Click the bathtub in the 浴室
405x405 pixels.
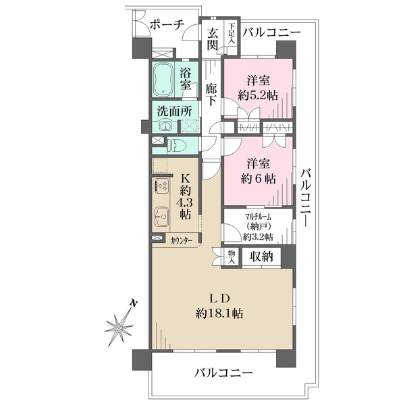[x=163, y=80]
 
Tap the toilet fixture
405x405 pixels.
[x=176, y=145]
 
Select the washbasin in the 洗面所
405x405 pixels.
[x=164, y=126]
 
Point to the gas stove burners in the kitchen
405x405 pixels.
[x=162, y=186]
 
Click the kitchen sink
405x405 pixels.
[x=161, y=216]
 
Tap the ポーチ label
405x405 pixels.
[x=167, y=26]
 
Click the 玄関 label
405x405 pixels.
[x=213, y=39]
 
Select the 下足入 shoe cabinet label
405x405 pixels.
[x=232, y=33]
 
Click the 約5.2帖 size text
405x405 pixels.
[x=258, y=96]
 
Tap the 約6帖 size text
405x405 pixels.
[x=258, y=179]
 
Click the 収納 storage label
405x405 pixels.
[x=261, y=256]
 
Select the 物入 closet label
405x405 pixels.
[x=231, y=257]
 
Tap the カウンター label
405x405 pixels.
[x=182, y=241]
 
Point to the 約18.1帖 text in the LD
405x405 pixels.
[x=219, y=314]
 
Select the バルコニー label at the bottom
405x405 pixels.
[x=223, y=373]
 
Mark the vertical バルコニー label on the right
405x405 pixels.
[x=306, y=198]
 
